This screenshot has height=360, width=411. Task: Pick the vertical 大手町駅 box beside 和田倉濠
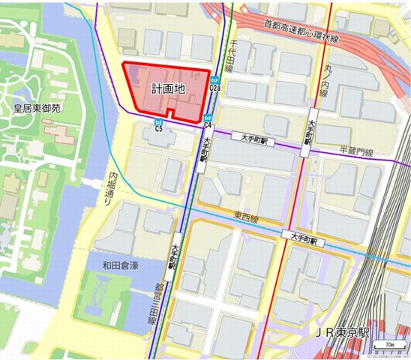click(172, 256)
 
